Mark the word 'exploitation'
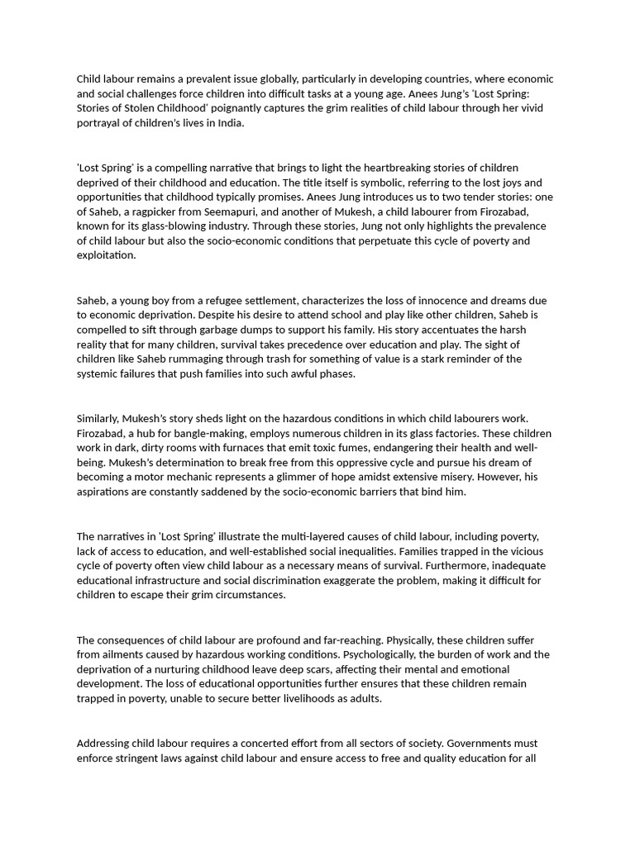[106, 255]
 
